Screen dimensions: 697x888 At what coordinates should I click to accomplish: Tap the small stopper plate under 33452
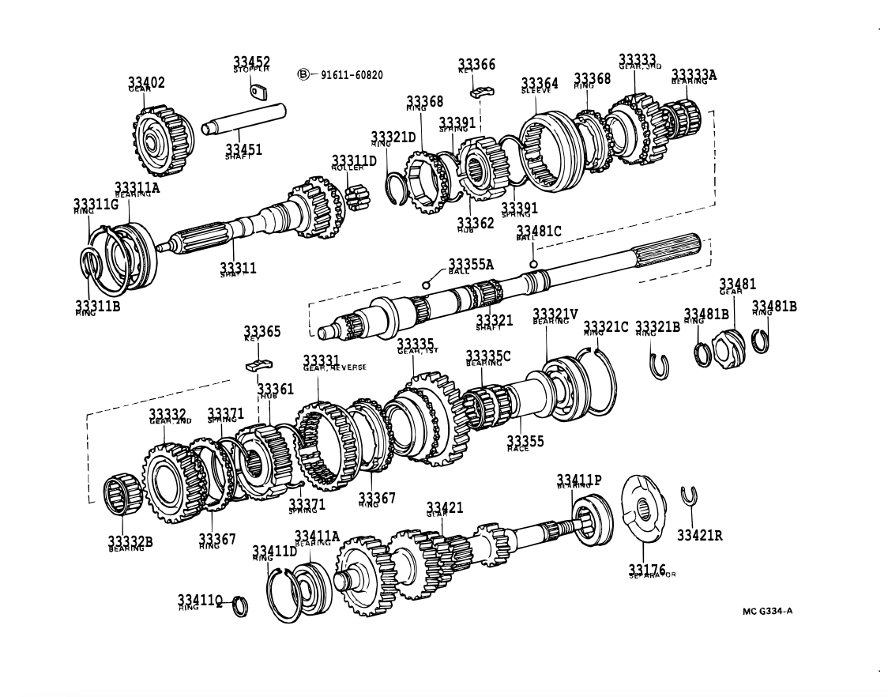260,92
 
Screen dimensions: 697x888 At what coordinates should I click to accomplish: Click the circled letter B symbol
303,74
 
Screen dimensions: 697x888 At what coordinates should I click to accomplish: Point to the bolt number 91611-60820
352,75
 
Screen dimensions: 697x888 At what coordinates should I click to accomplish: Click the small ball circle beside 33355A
427,284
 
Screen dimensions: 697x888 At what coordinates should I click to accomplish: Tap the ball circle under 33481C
534,264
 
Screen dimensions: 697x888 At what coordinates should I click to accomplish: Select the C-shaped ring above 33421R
688,495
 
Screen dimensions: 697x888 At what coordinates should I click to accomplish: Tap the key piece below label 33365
258,364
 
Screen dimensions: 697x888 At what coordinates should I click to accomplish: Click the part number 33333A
694,74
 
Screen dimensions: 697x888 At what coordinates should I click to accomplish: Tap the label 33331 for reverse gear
322,360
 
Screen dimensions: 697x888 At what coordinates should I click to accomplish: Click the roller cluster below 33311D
358,195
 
